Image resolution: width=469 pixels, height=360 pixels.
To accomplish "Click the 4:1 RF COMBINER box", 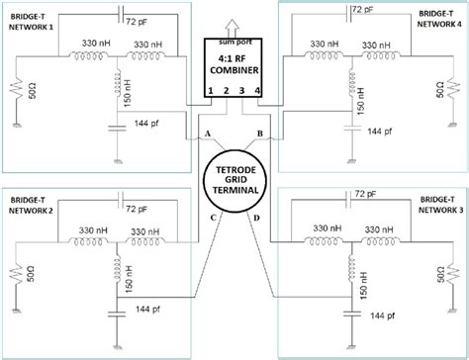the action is coord(234,67).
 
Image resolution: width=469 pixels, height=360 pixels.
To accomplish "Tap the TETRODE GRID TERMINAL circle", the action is coord(234,184).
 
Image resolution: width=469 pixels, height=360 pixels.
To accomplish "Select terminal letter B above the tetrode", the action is coord(259,132).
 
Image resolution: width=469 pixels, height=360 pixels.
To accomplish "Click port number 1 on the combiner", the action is coord(212,91).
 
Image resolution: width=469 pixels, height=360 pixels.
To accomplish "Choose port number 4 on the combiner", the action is coord(258,91).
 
